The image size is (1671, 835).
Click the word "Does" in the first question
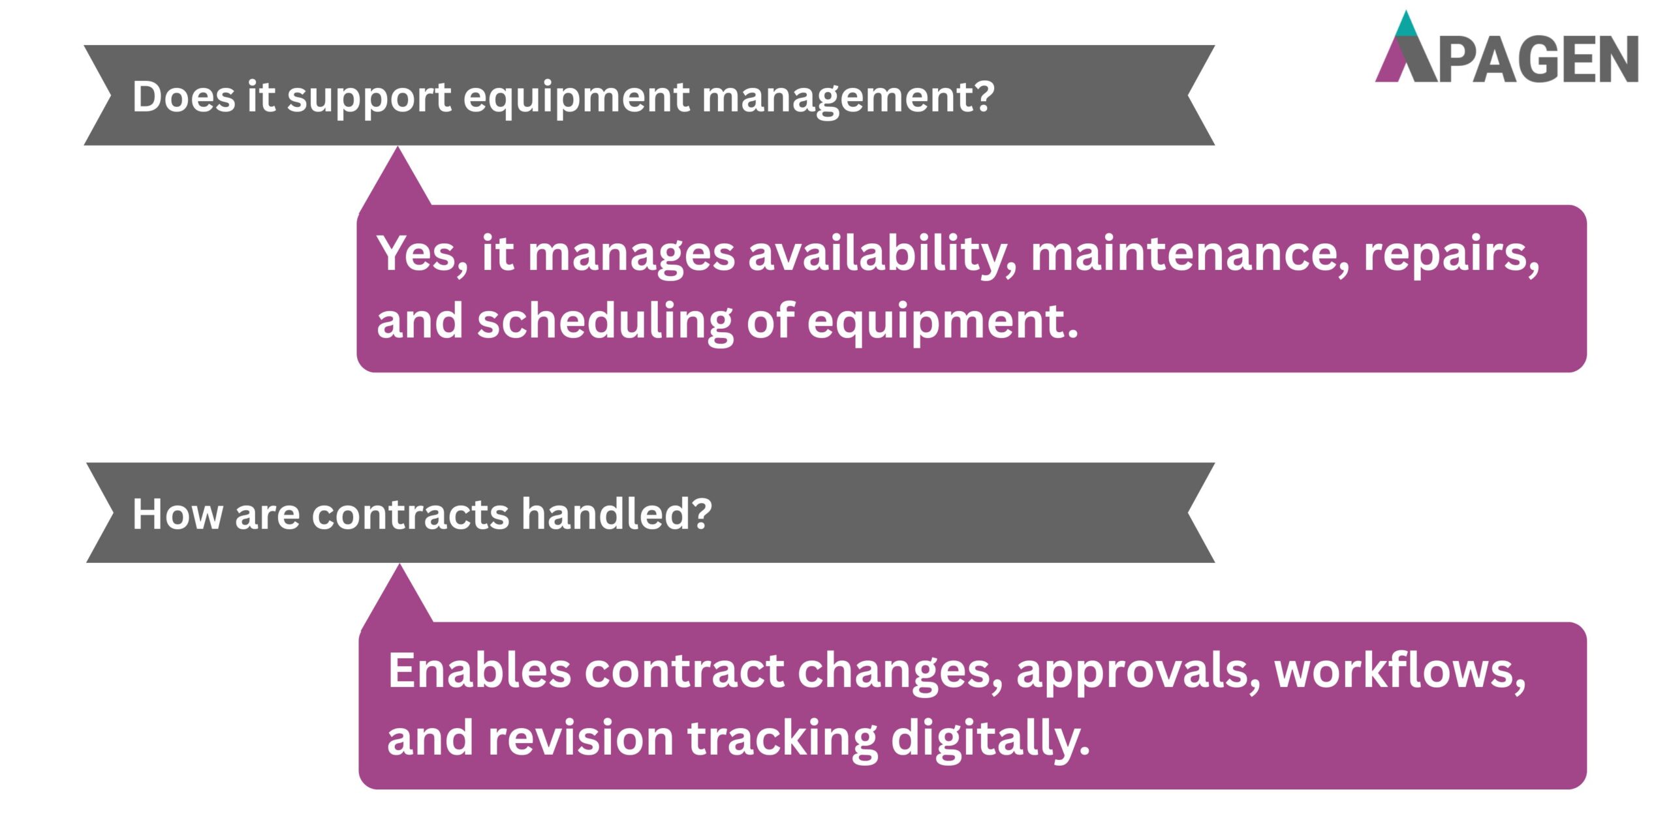[183, 97]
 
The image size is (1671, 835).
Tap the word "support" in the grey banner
[369, 98]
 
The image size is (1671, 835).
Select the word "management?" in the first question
[848, 98]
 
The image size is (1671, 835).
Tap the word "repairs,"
[1451, 254]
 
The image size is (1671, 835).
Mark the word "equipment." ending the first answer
[943, 323]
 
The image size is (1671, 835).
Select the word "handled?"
[616, 514]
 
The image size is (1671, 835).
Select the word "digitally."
[990, 739]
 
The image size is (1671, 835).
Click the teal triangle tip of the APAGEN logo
[1406, 25]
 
